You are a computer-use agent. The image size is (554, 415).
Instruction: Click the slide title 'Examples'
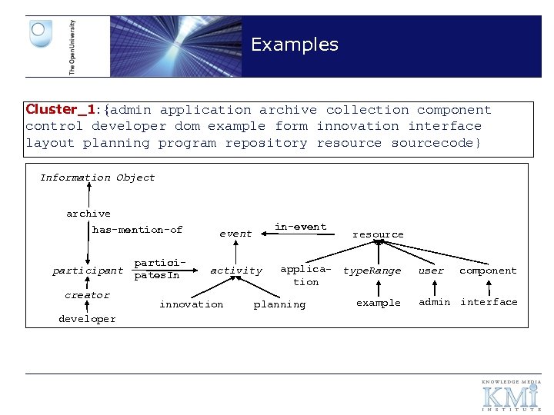coord(294,45)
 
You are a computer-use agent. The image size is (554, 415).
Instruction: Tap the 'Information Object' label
coord(98,178)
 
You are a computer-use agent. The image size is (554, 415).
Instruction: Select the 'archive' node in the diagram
coord(88,214)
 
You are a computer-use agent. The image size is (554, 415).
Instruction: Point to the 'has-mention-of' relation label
coord(137,230)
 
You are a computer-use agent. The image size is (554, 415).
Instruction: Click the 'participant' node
coord(88,271)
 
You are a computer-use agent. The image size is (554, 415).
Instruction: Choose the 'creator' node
coord(88,295)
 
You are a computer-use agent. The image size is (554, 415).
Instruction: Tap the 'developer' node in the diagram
coord(87,319)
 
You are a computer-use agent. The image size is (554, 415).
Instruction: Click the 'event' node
coord(235,234)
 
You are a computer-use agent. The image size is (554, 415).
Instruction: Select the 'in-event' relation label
coord(301,227)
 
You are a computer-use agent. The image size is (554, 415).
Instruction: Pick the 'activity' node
coord(236,271)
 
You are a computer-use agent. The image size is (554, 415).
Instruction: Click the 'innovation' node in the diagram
coord(192,304)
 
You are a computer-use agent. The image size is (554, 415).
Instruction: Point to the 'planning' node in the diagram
coord(279,304)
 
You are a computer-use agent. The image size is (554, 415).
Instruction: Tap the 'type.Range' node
coord(372,271)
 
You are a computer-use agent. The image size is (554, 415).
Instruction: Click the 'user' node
coord(431,271)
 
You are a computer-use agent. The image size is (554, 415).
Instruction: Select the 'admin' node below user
coord(435,302)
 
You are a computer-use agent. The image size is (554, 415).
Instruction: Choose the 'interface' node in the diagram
coord(489,302)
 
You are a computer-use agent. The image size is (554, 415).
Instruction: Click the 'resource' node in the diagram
coord(378,234)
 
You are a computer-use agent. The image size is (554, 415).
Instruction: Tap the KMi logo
coord(511,396)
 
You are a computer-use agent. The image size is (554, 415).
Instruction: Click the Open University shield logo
coord(40,35)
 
